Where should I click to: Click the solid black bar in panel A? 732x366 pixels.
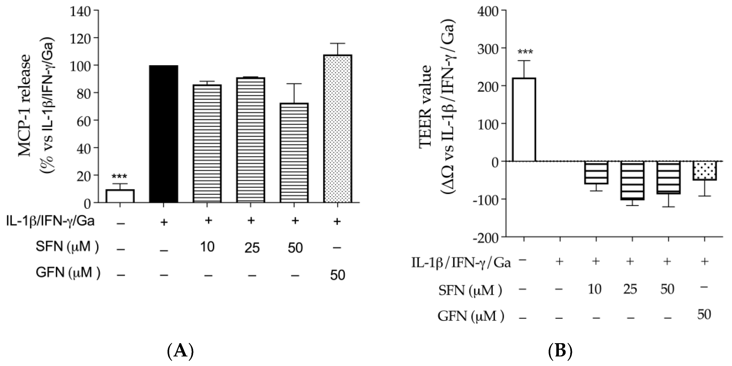pos(163,134)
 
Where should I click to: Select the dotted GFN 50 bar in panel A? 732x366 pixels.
pos(337,129)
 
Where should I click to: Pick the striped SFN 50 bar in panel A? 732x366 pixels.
pos(294,153)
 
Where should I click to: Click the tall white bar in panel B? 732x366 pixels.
pos(524,120)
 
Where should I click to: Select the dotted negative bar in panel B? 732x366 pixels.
pos(704,171)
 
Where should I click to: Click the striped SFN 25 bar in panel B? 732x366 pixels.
pos(632,181)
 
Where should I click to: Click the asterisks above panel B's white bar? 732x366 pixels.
pos(525,52)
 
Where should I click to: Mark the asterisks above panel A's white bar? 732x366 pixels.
pos(119,176)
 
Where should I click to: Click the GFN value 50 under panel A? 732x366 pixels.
pos(337,275)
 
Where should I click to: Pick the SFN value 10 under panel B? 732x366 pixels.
pos(595,289)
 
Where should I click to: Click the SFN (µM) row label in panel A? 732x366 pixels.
pos(67,246)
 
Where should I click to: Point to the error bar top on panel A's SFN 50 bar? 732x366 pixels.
pos(294,84)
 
